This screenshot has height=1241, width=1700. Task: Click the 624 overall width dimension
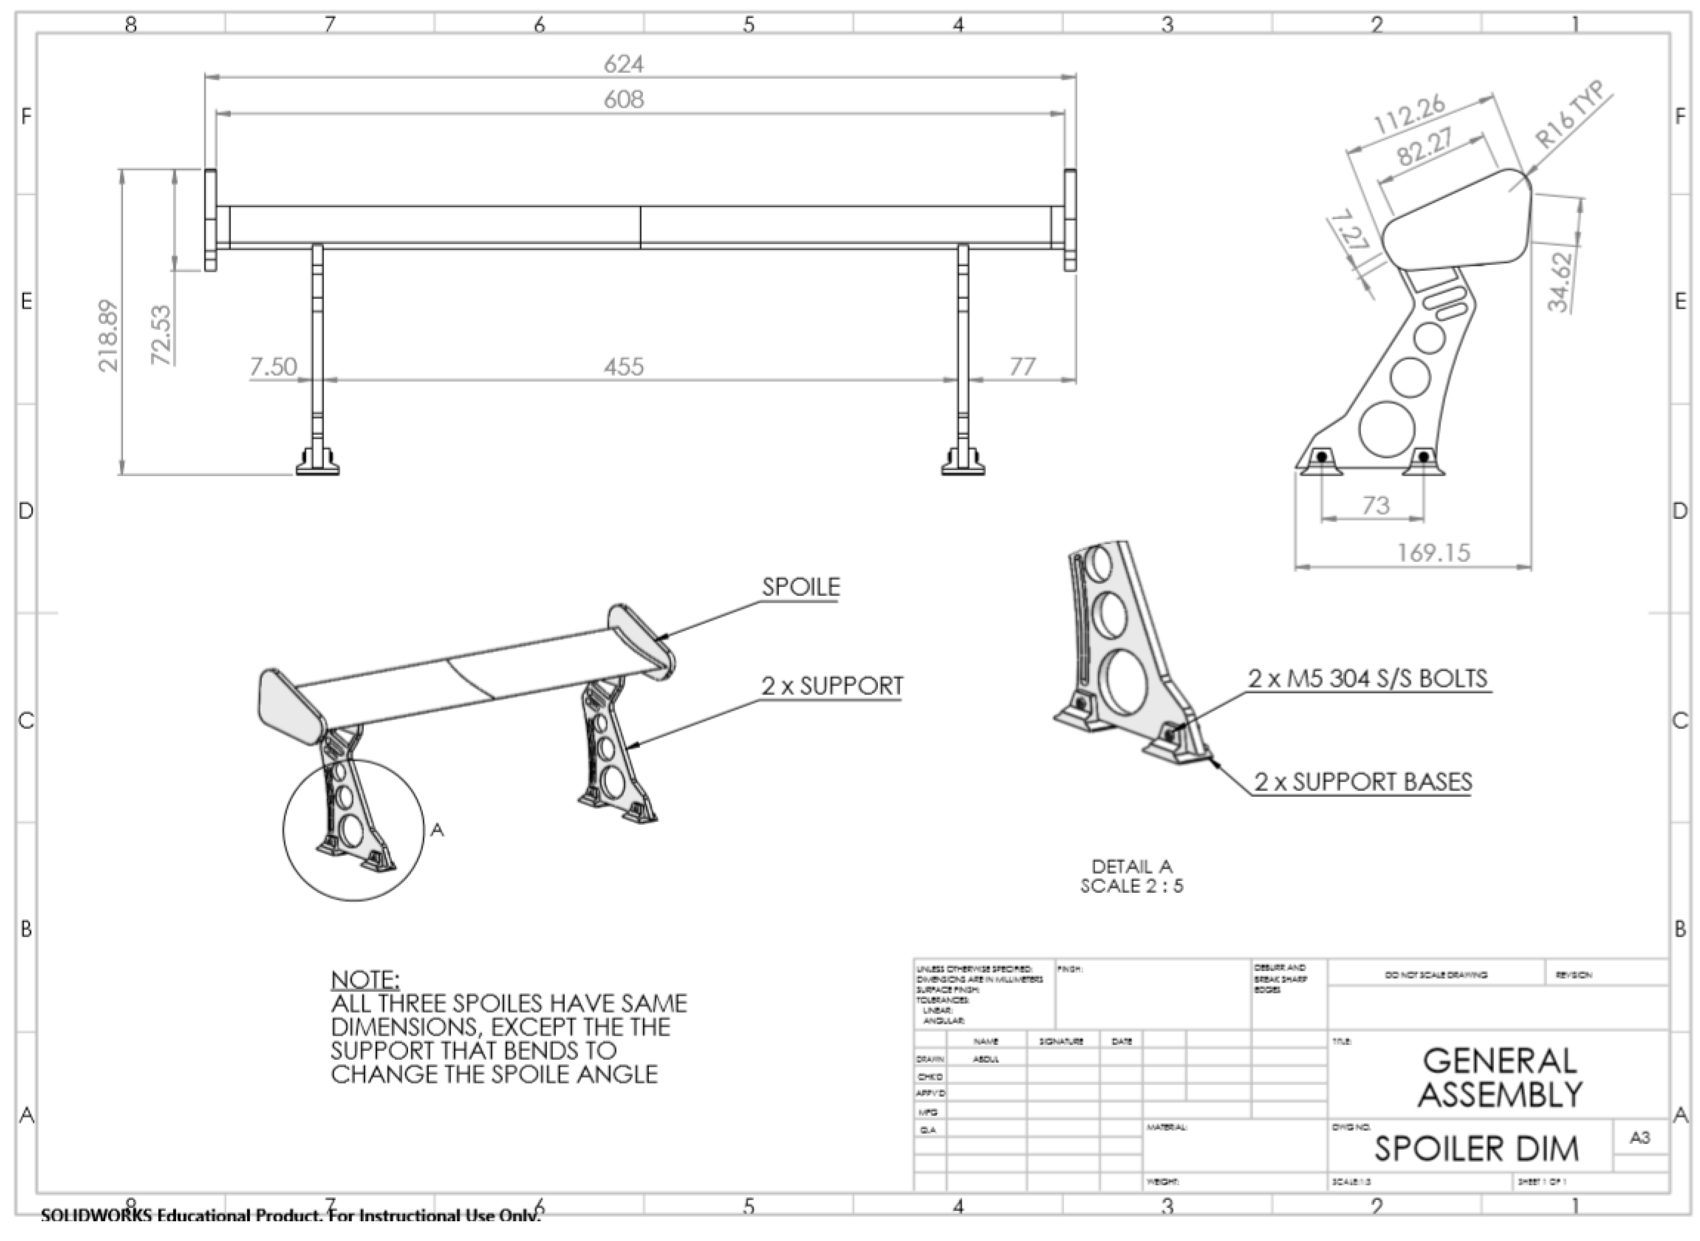pyautogui.click(x=623, y=65)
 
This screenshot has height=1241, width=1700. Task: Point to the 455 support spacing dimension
pyautogui.click(x=623, y=366)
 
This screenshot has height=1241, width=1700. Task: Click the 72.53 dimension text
pyautogui.click(x=161, y=335)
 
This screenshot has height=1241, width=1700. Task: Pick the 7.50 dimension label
pyautogui.click(x=273, y=366)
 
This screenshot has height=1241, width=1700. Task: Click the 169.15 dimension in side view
pyautogui.click(x=1433, y=553)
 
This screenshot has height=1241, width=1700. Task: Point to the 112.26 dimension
pyautogui.click(x=1409, y=115)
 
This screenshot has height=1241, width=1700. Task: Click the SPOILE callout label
pyautogui.click(x=800, y=586)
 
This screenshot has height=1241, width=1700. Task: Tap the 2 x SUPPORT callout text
pyautogui.click(x=832, y=686)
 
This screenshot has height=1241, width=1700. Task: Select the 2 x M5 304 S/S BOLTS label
pyautogui.click(x=1368, y=678)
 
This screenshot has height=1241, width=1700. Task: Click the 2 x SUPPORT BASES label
pyautogui.click(x=1362, y=782)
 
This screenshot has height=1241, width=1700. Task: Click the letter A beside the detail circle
pyautogui.click(x=437, y=830)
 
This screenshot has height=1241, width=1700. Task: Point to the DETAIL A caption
pyautogui.click(x=1132, y=866)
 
